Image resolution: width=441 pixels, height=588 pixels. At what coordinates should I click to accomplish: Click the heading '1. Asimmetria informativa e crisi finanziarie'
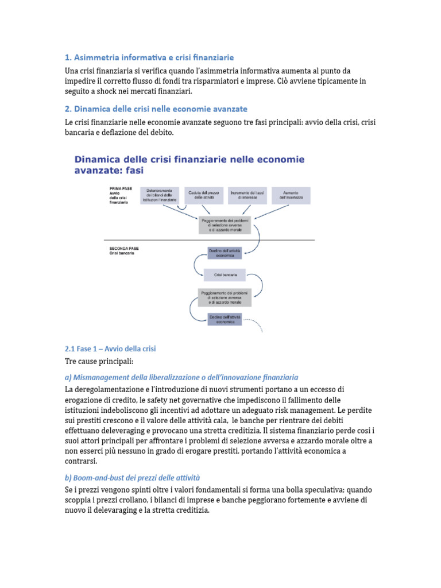tap(149, 57)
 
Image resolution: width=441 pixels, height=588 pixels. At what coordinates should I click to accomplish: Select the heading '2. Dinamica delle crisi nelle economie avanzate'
tap(156, 109)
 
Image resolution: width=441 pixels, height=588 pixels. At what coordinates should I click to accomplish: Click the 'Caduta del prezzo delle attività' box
tap(202, 195)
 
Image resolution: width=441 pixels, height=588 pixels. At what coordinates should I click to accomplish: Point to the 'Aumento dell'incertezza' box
tap(291, 195)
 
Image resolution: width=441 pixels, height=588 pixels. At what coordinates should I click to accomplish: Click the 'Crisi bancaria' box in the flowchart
tap(226, 275)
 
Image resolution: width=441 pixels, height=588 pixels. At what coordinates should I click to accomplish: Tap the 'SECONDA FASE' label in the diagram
tap(124, 249)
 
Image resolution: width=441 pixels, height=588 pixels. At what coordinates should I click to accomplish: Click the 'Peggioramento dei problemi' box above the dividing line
tap(226, 225)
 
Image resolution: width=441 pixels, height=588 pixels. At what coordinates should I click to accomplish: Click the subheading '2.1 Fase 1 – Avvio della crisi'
tap(110, 349)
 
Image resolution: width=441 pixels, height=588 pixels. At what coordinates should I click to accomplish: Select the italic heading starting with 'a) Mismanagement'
tap(181, 377)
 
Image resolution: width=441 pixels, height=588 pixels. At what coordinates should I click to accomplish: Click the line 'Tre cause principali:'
tap(99, 362)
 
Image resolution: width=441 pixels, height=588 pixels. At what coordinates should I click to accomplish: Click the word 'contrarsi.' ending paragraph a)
tap(82, 461)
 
